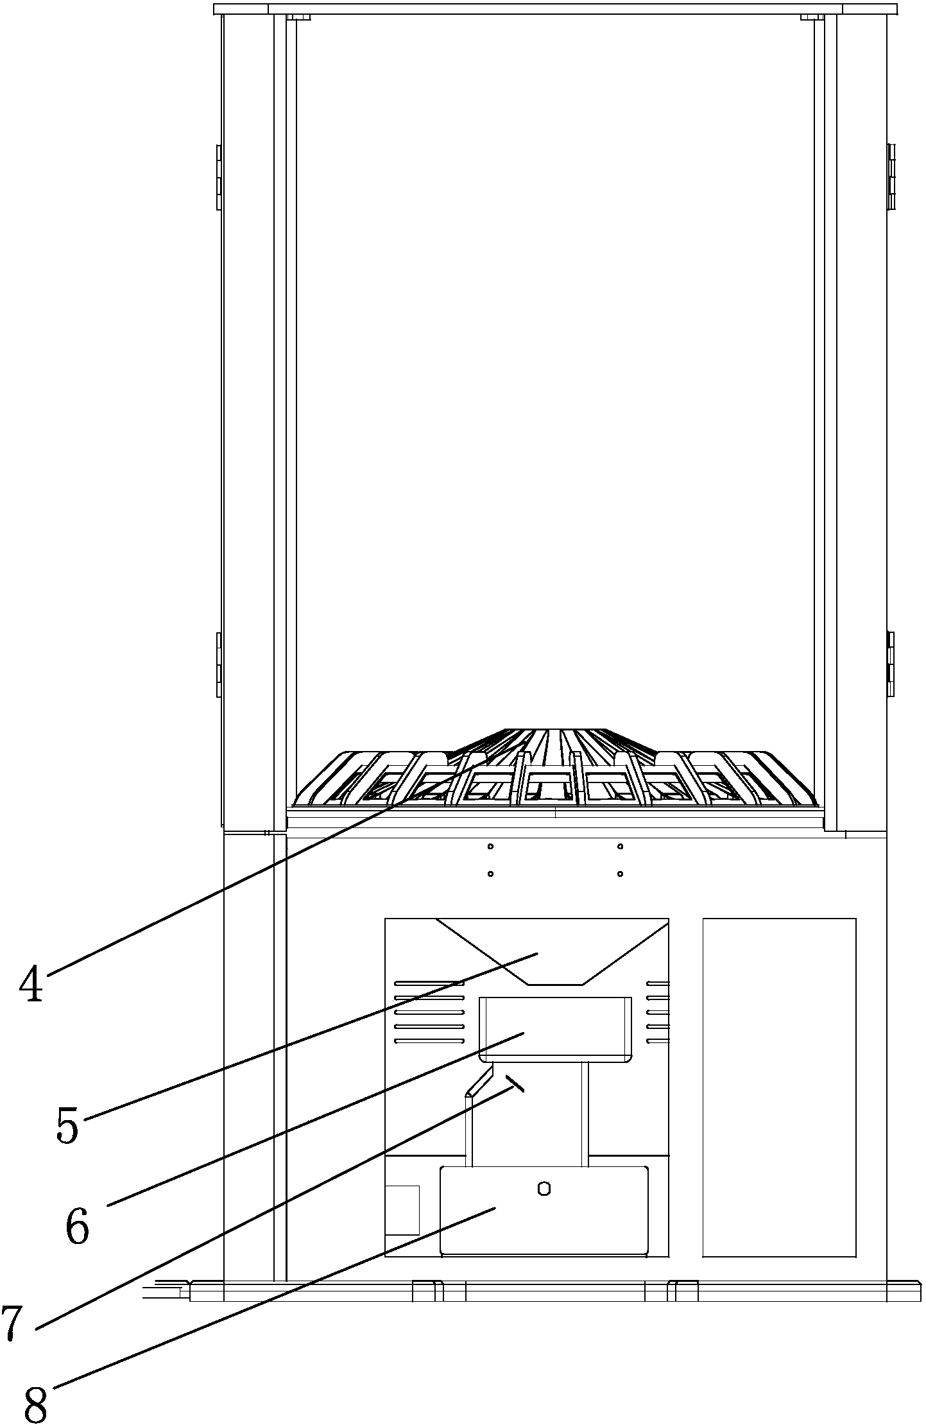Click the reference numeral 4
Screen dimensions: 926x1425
pyautogui.click(x=31, y=985)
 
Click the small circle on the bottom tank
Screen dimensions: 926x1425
pyautogui.click(x=544, y=1189)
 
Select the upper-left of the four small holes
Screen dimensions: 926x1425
pyautogui.click(x=490, y=847)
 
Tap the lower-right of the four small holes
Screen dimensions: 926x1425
pyautogui.click(x=620, y=874)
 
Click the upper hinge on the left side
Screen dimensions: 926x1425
pyautogui.click(x=219, y=177)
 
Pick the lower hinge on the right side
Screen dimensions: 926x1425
pyautogui.click(x=891, y=664)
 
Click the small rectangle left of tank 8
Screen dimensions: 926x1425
pyautogui.click(x=402, y=1210)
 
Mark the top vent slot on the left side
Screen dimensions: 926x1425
pyautogui.click(x=429, y=983)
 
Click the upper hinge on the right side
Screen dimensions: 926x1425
pyautogui.click(x=891, y=177)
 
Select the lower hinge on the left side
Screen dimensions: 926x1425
pyautogui.click(x=219, y=664)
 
